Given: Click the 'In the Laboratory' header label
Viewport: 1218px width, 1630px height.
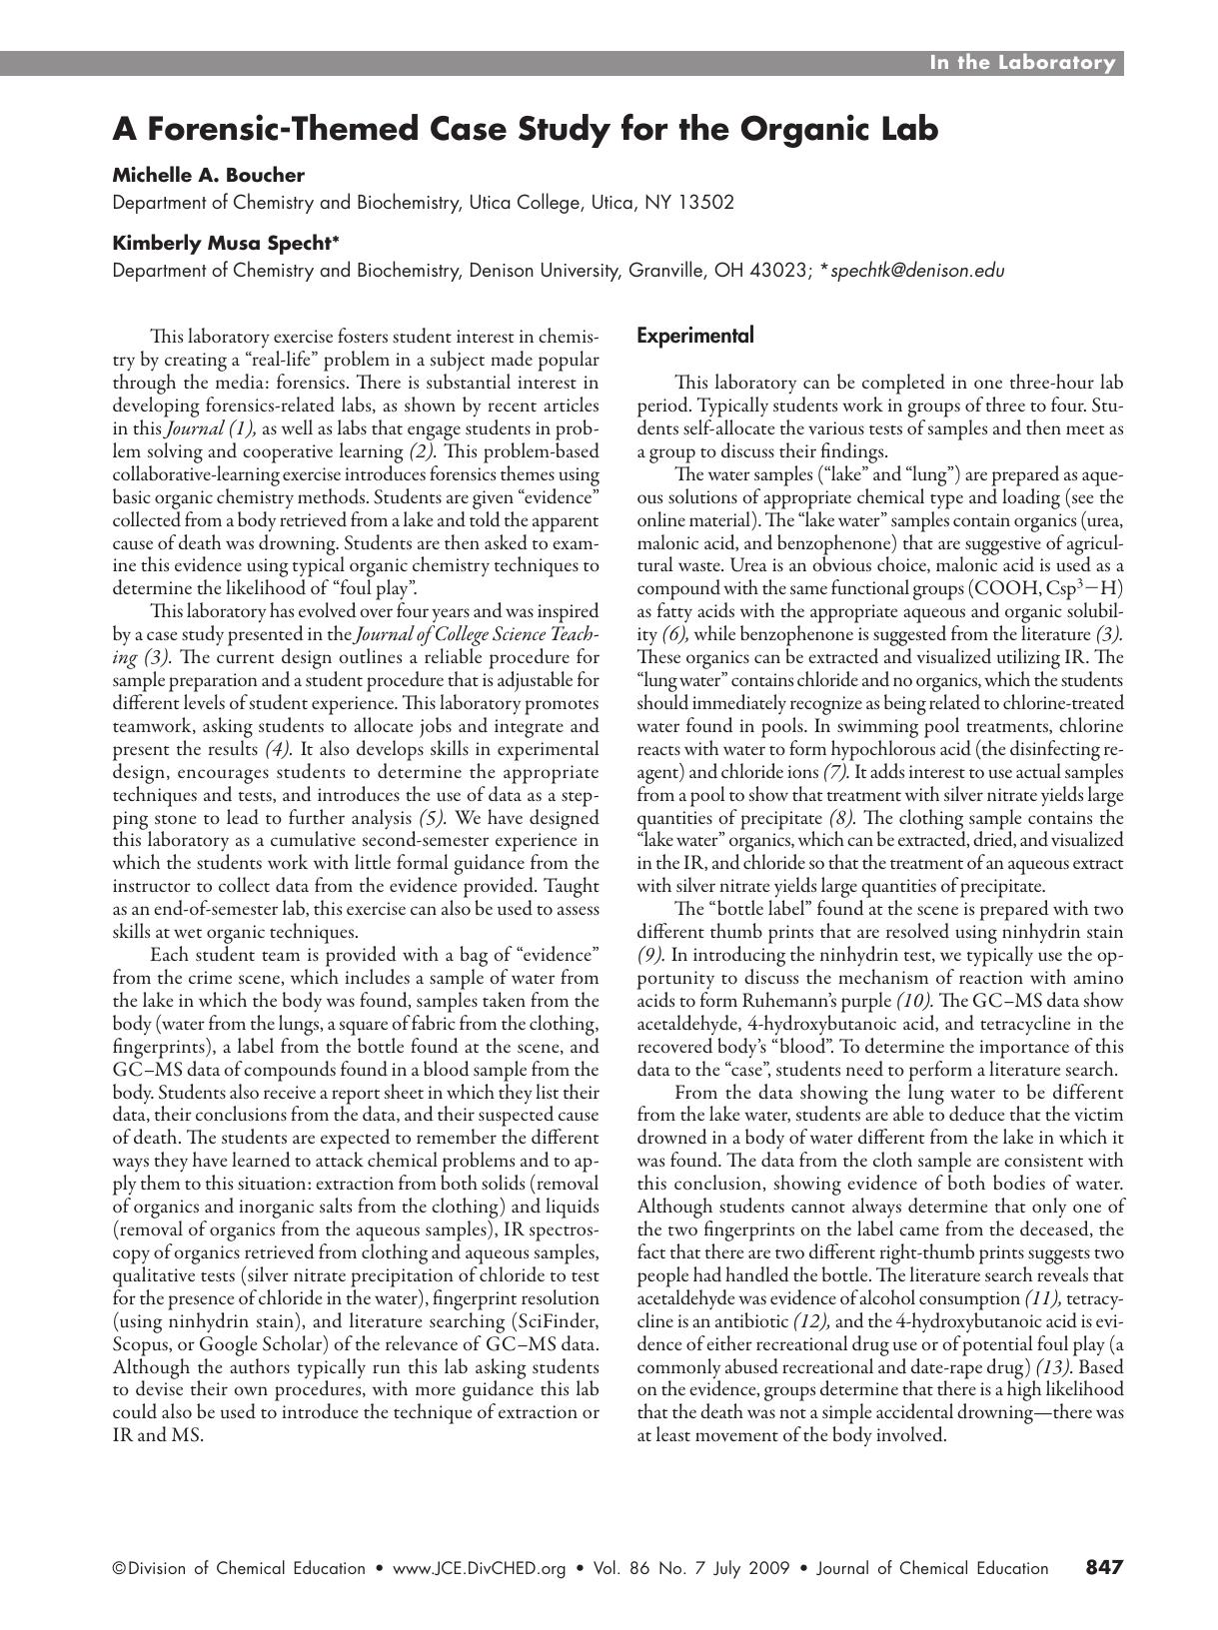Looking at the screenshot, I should (1021, 63).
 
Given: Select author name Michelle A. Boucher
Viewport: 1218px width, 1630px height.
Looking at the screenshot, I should (208, 175).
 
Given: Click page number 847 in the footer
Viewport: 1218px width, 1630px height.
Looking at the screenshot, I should (1104, 1567).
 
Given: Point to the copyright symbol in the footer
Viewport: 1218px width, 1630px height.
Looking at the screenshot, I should (119, 1568).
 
